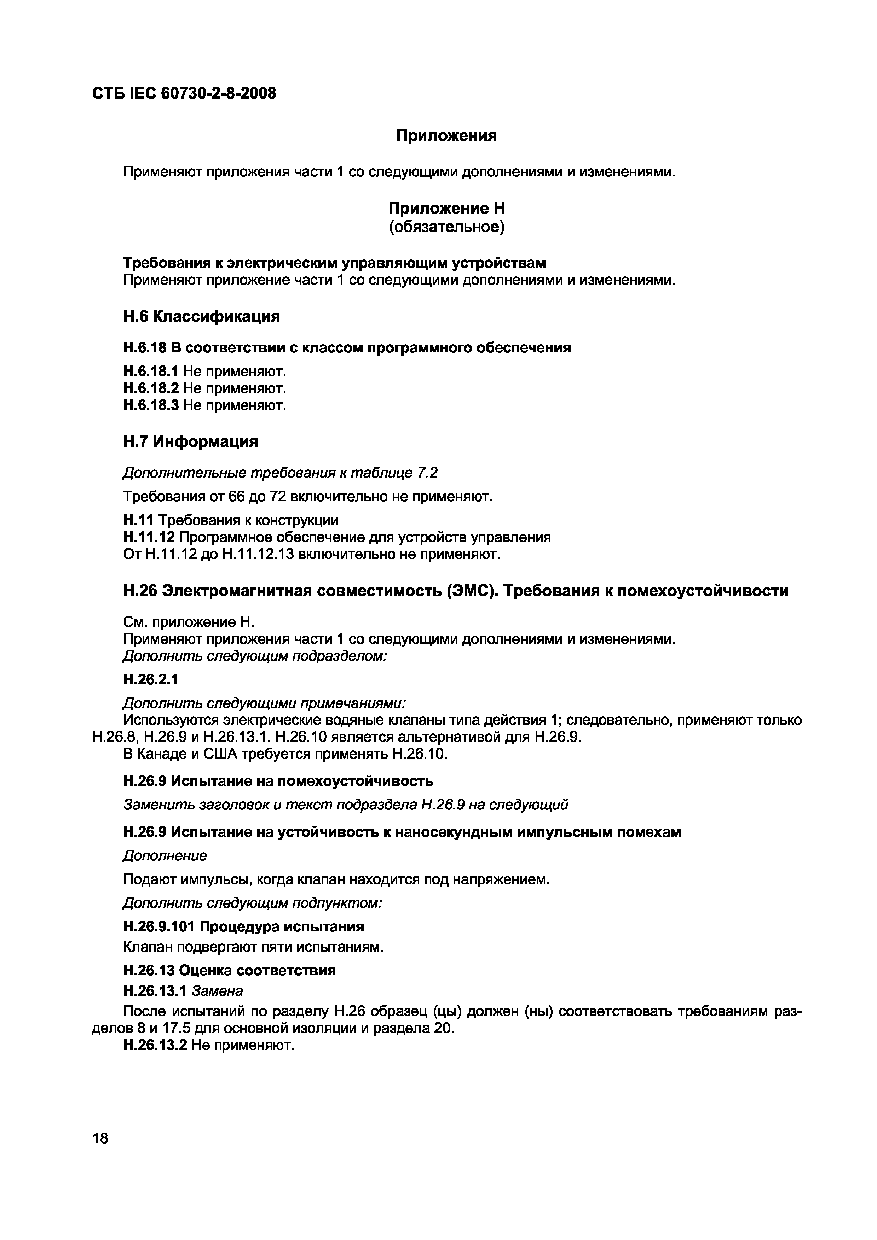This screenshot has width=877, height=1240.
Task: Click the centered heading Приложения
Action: click(x=446, y=135)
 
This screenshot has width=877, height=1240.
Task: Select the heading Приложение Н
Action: click(x=446, y=208)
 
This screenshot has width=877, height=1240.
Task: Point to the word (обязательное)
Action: click(x=446, y=227)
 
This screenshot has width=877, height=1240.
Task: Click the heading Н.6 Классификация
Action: click(x=202, y=316)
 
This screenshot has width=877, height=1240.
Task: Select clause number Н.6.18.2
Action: click(x=151, y=388)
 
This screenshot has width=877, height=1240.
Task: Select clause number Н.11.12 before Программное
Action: click(x=149, y=537)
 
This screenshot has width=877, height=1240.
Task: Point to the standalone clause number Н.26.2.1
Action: click(x=151, y=679)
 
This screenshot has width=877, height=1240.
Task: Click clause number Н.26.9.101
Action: click(x=160, y=927)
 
